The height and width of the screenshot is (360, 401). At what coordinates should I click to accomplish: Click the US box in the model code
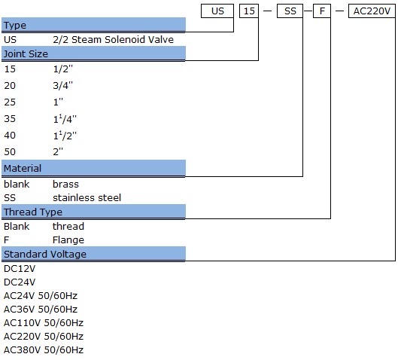[217, 11]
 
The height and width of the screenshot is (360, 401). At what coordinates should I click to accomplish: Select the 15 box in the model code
[249, 11]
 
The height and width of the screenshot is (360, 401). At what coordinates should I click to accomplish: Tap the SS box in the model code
[290, 11]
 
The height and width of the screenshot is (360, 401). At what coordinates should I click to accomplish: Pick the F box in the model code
[322, 11]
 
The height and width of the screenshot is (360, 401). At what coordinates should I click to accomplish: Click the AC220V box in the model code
[372, 11]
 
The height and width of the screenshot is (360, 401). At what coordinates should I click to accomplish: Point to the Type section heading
[15, 26]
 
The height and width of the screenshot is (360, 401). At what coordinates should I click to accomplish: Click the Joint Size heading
[26, 53]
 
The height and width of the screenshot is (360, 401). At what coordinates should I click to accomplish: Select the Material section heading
[23, 168]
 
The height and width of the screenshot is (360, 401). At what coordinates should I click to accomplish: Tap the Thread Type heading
[33, 212]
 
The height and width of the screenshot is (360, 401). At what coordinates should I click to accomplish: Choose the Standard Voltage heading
[45, 255]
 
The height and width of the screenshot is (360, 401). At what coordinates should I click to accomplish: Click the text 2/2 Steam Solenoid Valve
[114, 40]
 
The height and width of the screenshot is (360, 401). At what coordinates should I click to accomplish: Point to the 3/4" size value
[63, 85]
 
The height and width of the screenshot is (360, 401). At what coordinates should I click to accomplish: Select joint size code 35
[10, 119]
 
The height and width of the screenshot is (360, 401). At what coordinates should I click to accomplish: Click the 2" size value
[58, 151]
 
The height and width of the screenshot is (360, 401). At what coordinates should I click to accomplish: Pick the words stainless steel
[87, 197]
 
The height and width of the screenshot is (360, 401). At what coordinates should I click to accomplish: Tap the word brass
[65, 184]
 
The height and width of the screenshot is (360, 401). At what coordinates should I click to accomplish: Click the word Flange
[68, 240]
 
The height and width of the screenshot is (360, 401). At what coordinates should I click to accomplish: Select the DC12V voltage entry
[20, 269]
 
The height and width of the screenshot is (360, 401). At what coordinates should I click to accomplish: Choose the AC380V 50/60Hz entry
[44, 349]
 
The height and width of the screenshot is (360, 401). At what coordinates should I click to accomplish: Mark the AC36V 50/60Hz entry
[41, 310]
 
